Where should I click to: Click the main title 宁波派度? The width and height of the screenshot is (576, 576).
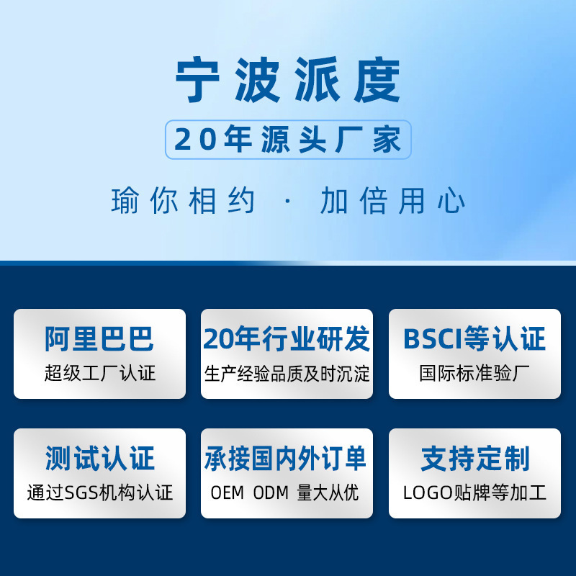[x=287, y=80]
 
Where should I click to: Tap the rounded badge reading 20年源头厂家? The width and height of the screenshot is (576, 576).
[x=288, y=140]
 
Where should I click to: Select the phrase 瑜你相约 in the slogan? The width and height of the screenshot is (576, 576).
[x=183, y=200]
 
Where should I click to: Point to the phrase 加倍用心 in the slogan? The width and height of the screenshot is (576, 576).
[x=392, y=200]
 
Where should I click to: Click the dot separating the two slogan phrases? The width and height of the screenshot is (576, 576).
[x=287, y=201]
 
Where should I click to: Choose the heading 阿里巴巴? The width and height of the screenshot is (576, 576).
[x=99, y=338]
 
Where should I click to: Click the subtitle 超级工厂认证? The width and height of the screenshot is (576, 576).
[x=100, y=373]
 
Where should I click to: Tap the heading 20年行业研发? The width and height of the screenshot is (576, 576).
[x=287, y=338]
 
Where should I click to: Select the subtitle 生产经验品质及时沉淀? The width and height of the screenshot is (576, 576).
[x=287, y=374]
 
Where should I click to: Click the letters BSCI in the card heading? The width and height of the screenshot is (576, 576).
[x=433, y=338]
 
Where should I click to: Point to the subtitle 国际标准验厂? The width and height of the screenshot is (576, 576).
[x=474, y=373]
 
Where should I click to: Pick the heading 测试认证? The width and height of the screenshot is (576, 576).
[x=99, y=458]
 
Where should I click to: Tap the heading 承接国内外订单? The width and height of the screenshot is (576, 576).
[x=285, y=458]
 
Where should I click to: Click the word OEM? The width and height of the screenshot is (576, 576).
[x=228, y=493]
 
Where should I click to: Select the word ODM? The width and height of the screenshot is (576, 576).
[x=271, y=493]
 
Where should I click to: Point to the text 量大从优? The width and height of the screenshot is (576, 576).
[x=328, y=493]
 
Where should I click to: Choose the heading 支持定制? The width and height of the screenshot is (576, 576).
[x=475, y=458]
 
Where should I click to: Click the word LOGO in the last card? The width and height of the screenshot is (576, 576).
[x=428, y=493]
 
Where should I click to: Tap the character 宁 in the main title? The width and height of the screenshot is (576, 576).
[x=197, y=80]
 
